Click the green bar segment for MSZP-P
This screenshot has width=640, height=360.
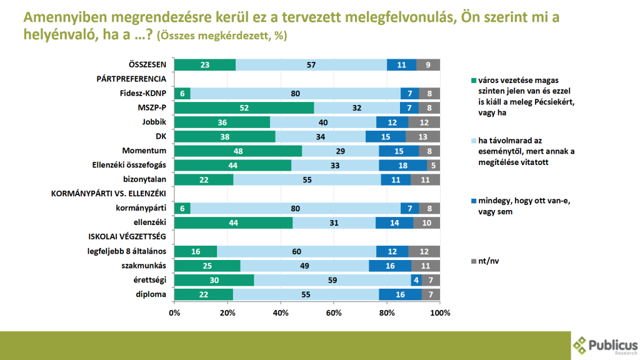244,107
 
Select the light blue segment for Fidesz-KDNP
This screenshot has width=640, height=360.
296,93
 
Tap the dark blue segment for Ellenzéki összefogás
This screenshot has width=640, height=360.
402,165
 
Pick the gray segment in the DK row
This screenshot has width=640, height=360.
422,136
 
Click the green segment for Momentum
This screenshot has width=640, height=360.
238,151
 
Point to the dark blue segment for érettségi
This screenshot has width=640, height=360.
416,281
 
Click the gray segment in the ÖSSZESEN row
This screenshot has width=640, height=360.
428,64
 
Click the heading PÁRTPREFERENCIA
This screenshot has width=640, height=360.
131,79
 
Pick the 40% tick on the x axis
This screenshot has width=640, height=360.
281,312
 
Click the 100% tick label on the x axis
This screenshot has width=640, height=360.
440,312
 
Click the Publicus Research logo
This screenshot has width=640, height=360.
604,346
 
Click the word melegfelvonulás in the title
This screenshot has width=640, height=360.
392,17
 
